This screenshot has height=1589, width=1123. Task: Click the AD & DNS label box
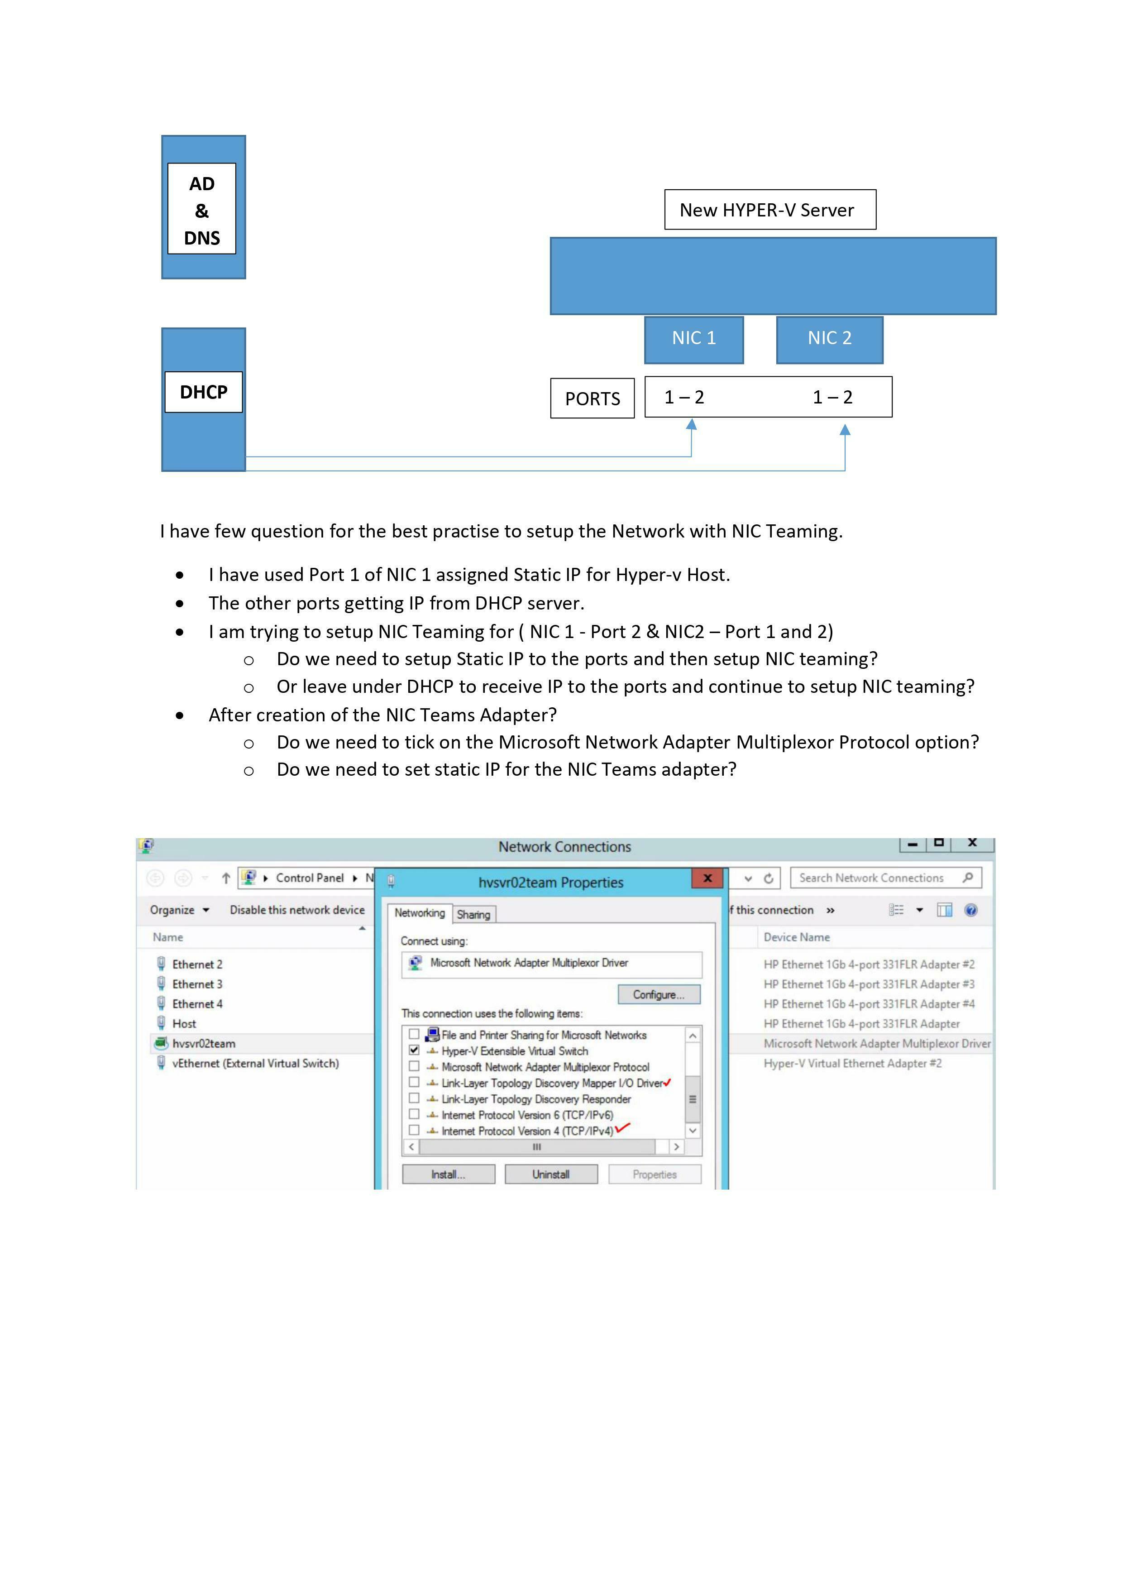pyautogui.click(x=201, y=209)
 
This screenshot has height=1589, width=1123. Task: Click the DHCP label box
pyautogui.click(x=203, y=392)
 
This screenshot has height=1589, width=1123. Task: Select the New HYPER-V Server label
pyautogui.click(x=769, y=210)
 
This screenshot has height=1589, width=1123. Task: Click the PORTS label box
pyautogui.click(x=593, y=398)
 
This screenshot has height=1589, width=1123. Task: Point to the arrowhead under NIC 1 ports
pyautogui.click(x=691, y=425)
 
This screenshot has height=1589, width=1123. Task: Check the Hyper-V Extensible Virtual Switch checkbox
pyautogui.click(x=414, y=1050)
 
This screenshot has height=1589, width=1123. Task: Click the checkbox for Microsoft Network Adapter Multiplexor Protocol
pyautogui.click(x=414, y=1066)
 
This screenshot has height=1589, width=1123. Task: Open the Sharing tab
pyautogui.click(x=473, y=914)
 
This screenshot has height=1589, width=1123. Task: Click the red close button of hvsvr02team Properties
pyautogui.click(x=707, y=878)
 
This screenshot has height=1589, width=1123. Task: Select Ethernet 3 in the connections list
pyautogui.click(x=197, y=984)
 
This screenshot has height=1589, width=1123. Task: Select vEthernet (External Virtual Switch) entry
pyautogui.click(x=255, y=1063)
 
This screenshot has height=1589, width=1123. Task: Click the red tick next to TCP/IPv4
pyautogui.click(x=623, y=1128)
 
